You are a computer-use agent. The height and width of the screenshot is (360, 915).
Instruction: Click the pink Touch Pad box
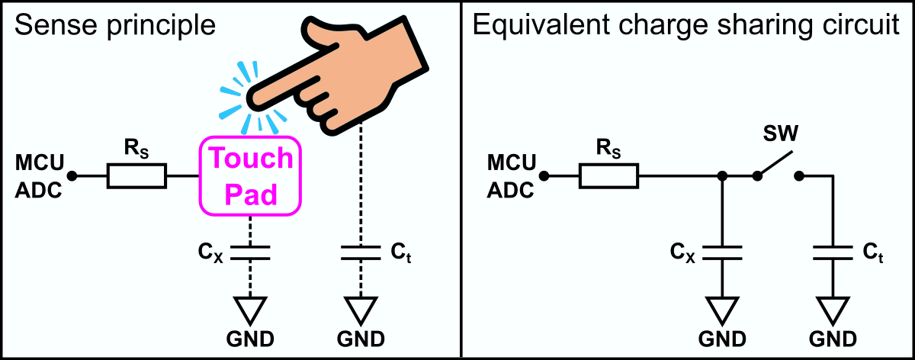pyautogui.click(x=251, y=175)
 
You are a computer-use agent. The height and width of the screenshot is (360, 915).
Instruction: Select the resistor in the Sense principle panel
pyautogui.click(x=136, y=177)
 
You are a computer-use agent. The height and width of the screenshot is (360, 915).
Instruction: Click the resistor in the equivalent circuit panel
pyautogui.click(x=608, y=177)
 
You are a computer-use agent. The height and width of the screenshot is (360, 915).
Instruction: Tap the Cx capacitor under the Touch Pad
pyautogui.click(x=251, y=252)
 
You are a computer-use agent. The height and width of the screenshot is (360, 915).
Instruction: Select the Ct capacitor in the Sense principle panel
pyautogui.click(x=361, y=252)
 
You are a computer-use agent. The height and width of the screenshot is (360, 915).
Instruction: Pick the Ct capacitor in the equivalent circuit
pyautogui.click(x=832, y=252)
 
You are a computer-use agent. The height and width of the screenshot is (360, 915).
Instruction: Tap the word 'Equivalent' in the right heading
pyautogui.click(x=535, y=27)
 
